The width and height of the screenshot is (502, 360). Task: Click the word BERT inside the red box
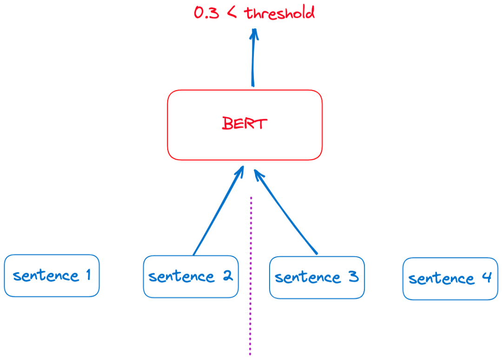click(x=244, y=123)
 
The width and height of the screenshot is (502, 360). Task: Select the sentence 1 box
click(x=52, y=276)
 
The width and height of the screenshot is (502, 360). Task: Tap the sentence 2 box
click(x=191, y=277)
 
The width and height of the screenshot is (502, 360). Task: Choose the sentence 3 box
click(x=317, y=278)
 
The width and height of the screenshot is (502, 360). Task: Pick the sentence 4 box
click(x=450, y=279)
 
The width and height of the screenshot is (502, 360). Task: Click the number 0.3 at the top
click(x=206, y=13)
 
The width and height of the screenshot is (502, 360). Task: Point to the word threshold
click(x=279, y=13)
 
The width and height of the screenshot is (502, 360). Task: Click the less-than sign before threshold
click(x=232, y=13)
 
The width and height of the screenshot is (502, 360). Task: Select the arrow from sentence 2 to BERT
click(x=218, y=211)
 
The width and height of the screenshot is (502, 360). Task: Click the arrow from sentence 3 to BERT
click(x=285, y=211)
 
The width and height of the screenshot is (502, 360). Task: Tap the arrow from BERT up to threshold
click(x=253, y=58)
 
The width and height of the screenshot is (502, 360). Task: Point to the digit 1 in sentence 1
click(x=89, y=275)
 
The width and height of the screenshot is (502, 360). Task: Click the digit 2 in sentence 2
click(x=228, y=275)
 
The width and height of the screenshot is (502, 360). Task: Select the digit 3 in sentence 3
click(x=354, y=276)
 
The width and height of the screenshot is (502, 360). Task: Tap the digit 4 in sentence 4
click(x=487, y=277)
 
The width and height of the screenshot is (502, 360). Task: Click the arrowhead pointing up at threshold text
click(x=254, y=33)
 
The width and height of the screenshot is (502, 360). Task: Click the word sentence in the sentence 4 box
click(x=442, y=279)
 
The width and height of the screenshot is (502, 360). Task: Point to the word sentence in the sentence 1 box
click(x=46, y=275)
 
